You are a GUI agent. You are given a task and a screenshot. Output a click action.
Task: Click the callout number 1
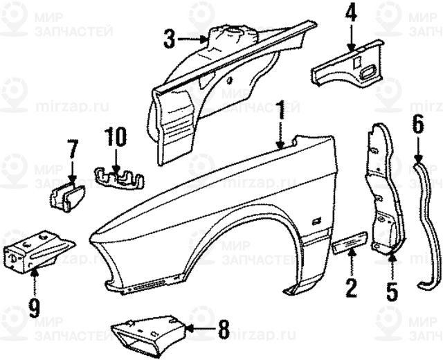click(x=281, y=111)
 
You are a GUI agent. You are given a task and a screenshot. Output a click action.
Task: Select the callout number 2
click(x=352, y=286)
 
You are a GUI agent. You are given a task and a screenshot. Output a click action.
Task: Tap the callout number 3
click(x=170, y=38)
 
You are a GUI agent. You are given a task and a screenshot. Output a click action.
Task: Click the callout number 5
click(x=392, y=289)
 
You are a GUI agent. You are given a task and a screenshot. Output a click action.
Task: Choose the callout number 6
click(x=417, y=126)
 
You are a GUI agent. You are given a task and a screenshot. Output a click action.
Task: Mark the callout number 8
click(x=223, y=330)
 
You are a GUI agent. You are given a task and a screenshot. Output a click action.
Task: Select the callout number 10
click(x=116, y=137)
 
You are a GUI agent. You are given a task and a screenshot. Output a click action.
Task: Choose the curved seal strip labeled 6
click(x=429, y=222)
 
